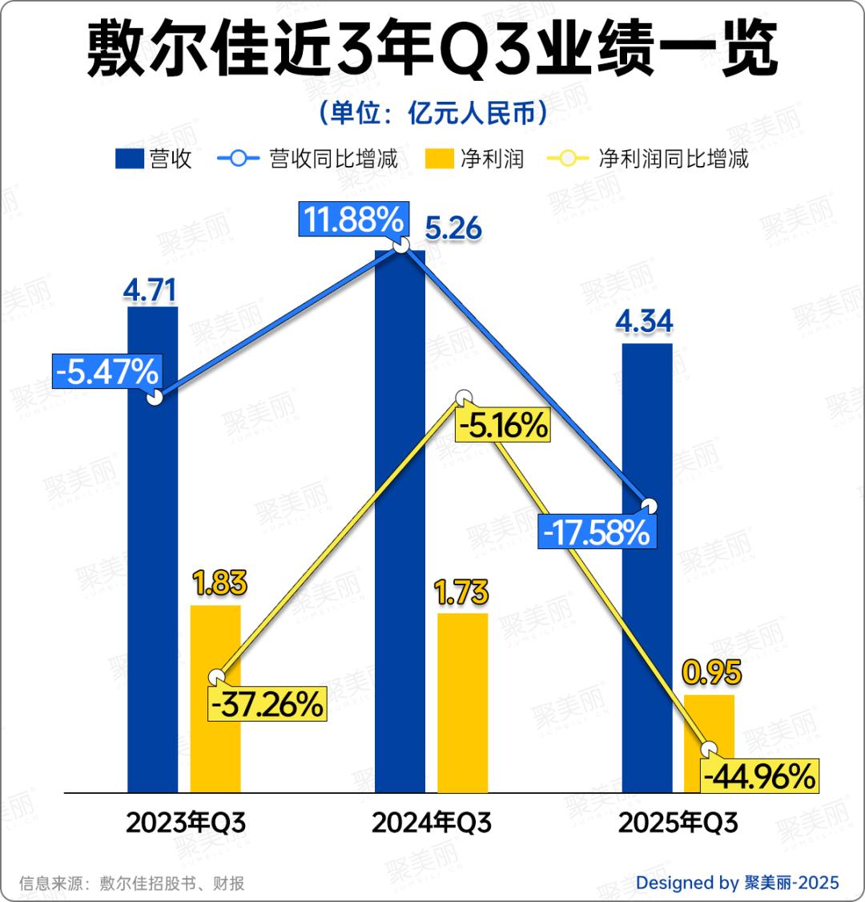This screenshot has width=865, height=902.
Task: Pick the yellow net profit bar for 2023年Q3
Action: (x=215, y=746)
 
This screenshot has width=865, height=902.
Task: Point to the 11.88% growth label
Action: (x=352, y=219)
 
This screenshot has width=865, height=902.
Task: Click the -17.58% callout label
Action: (x=597, y=532)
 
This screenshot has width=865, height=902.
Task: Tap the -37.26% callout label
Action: (x=268, y=704)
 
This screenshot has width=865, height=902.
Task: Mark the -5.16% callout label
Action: (x=503, y=425)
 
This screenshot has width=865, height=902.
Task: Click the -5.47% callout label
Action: (x=107, y=371)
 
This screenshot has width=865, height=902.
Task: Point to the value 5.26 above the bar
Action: (x=453, y=229)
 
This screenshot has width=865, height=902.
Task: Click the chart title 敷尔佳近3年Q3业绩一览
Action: (x=432, y=50)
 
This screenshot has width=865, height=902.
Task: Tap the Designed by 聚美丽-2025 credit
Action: (x=737, y=883)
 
